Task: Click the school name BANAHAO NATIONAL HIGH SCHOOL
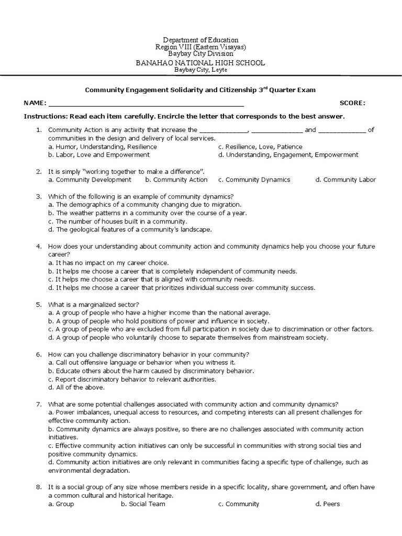[200, 63]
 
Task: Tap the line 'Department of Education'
[200, 40]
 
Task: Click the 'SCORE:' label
[352, 103]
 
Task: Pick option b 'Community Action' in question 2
[176, 180]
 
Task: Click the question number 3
[38, 196]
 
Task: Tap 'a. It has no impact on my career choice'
[108, 263]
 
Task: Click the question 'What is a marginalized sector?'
[94, 304]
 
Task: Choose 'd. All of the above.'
[76, 387]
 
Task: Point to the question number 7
[38, 404]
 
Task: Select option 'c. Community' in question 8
[239, 504]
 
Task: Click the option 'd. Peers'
[328, 504]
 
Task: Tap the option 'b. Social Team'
[143, 504]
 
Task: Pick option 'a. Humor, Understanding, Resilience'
[103, 147]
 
